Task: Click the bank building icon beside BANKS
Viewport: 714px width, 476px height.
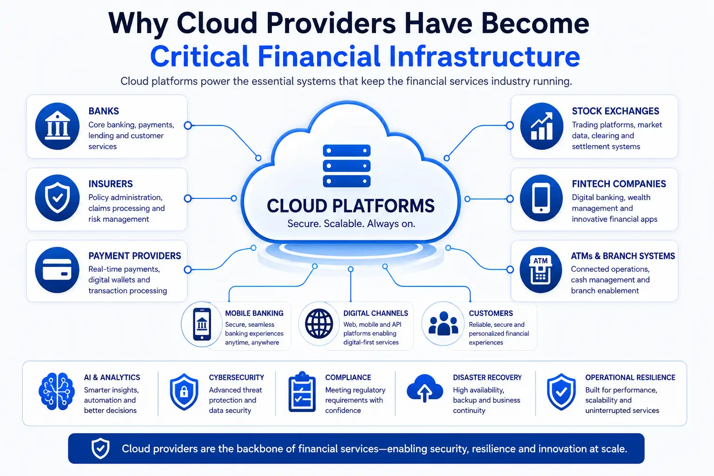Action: (57, 126)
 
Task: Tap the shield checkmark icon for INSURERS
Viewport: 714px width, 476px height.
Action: (57, 198)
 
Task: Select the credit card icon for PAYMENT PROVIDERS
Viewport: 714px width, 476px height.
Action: (57, 270)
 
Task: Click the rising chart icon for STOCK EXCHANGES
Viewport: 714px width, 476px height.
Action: (542, 126)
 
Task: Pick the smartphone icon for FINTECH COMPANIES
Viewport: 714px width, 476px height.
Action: (542, 198)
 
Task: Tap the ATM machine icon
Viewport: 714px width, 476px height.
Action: (541, 270)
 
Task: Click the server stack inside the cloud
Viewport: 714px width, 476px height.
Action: (347, 166)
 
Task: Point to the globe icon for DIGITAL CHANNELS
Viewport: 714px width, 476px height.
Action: (319, 324)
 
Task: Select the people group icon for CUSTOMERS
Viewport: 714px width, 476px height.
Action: (443, 324)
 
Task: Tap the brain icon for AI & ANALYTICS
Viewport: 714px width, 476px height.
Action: (57, 391)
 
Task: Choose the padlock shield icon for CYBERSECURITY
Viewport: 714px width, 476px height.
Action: (184, 392)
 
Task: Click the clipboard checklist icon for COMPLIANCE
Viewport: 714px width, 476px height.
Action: (302, 392)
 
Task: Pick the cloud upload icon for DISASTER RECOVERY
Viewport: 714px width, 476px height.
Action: (424, 388)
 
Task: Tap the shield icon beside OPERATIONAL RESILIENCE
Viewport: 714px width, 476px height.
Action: (562, 392)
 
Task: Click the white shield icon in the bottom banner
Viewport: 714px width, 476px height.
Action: (100, 448)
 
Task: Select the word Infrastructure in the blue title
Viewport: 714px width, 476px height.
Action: (484, 56)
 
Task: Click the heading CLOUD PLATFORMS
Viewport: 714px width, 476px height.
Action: (350, 205)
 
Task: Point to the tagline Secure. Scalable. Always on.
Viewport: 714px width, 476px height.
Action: (351, 224)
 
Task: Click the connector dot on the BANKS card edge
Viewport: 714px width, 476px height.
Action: (188, 126)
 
